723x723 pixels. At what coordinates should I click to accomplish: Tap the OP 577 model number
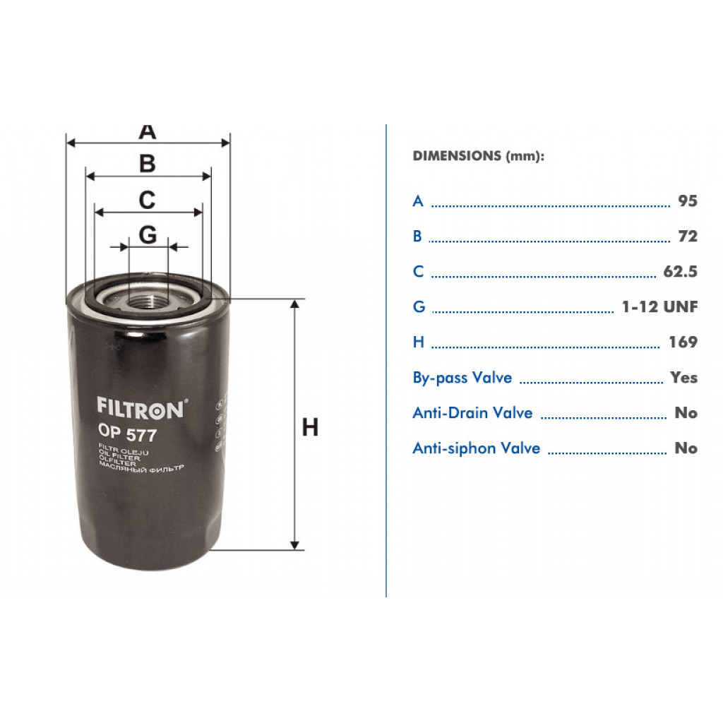tap(127, 433)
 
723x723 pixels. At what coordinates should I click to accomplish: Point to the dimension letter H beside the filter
tap(310, 427)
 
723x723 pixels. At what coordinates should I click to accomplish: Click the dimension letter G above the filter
tap(148, 235)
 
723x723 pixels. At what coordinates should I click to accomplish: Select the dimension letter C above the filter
tap(147, 200)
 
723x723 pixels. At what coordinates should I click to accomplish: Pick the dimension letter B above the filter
tap(148, 164)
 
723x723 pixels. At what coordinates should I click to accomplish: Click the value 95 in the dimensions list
tap(688, 201)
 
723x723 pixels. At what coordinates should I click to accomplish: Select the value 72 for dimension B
tap(688, 236)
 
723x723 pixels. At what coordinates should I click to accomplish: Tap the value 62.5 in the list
tap(680, 272)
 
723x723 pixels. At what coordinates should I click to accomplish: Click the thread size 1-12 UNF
tap(659, 306)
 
